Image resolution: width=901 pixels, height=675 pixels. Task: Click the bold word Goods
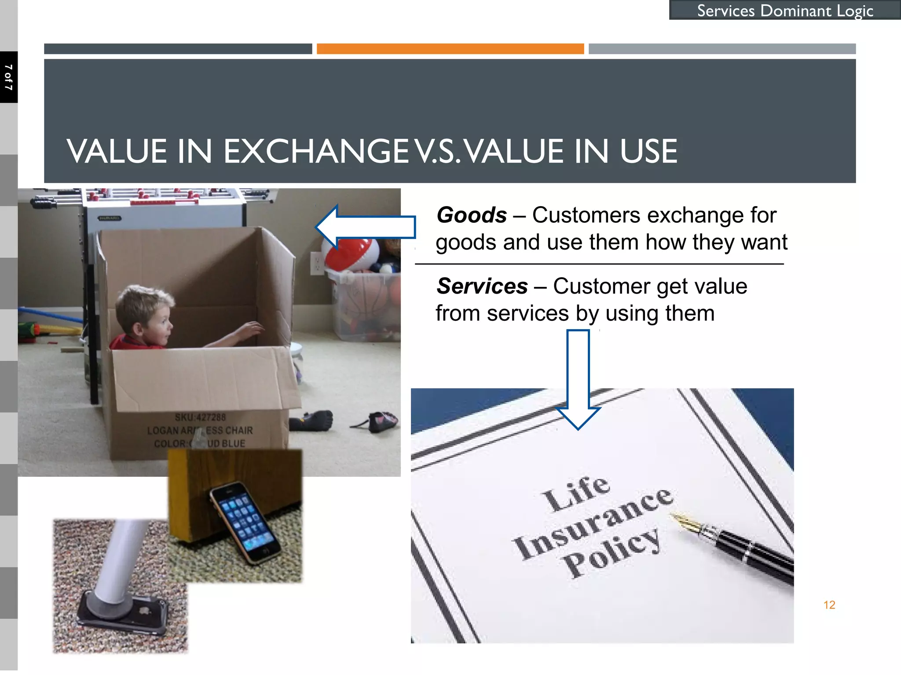[x=472, y=215]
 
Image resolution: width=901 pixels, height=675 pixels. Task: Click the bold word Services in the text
[x=482, y=287]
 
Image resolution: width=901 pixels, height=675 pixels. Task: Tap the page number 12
[x=829, y=605]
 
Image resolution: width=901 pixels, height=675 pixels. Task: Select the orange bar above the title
[x=450, y=49]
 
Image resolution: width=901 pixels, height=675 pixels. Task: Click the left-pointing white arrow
[x=365, y=227]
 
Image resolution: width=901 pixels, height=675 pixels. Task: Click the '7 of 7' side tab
[x=8, y=77]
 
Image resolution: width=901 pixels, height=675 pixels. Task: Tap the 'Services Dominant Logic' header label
[x=785, y=11]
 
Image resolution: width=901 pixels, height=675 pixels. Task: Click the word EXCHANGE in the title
[x=317, y=152]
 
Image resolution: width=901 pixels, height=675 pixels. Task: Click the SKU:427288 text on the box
[x=200, y=417]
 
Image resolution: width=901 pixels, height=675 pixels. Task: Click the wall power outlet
[x=316, y=263]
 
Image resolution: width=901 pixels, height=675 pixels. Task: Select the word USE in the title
[x=648, y=152]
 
